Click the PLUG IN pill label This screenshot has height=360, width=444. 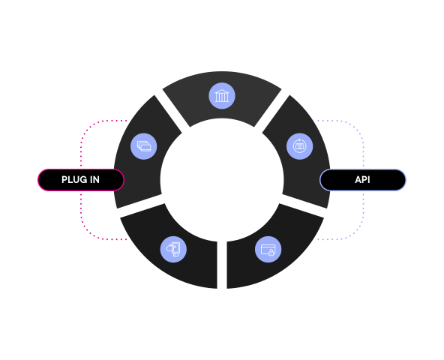pos(81,180)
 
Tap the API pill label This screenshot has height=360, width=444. pos(363,180)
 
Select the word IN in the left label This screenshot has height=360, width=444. pos(94,180)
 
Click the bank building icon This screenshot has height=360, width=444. pos(222,96)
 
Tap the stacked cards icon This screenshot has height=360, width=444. pos(144,146)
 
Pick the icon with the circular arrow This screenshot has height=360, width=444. pos(299,146)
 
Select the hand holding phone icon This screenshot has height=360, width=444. pos(173,249)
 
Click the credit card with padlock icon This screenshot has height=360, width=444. pos(268,249)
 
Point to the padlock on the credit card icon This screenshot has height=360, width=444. pos(271,252)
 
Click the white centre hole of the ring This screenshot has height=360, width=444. pos(222,180)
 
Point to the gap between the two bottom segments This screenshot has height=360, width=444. pos(222,265)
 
